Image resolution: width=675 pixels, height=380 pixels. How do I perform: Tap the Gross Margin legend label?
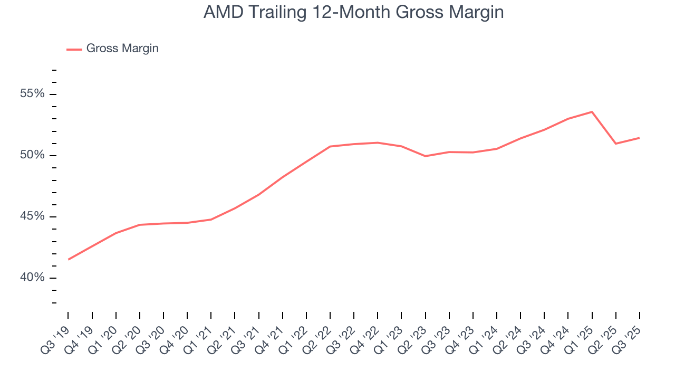(122, 49)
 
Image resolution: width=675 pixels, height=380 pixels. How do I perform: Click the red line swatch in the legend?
(74, 49)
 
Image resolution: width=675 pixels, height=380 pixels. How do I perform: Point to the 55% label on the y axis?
(32, 94)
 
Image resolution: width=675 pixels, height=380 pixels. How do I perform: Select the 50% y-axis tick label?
(32, 155)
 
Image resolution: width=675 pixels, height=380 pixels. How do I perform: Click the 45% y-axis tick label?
(32, 216)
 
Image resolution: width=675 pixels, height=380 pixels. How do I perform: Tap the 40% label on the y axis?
(32, 278)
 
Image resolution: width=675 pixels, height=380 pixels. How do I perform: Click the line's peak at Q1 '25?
(592, 112)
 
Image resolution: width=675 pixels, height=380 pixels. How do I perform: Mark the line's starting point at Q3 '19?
(69, 259)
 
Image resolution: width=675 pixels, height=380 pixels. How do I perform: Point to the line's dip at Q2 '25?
(615, 144)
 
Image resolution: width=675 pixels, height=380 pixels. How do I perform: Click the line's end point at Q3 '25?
(639, 138)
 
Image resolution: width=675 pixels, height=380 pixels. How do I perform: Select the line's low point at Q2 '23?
(425, 156)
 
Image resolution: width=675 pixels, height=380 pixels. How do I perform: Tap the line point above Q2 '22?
(330, 146)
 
